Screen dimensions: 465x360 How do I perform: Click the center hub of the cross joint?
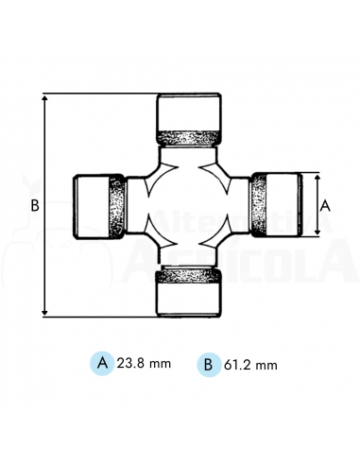(189, 205)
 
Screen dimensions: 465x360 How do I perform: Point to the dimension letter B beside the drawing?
(34, 205)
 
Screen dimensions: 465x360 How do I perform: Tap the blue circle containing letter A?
(101, 363)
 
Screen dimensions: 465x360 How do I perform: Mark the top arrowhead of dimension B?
(45, 97)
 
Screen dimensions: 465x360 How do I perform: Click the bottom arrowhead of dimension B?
(45, 313)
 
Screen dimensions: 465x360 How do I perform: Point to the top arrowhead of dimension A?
(316, 177)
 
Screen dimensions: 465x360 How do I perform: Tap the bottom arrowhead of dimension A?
(316, 233)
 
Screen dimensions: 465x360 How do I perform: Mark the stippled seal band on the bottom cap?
(189, 275)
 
